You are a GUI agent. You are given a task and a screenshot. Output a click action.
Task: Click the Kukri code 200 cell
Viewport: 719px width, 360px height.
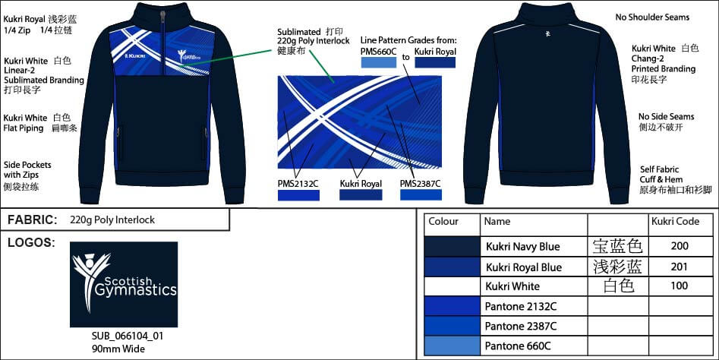pyautogui.click(x=680, y=246)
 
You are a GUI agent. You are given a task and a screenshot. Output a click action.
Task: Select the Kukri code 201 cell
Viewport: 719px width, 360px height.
pyautogui.click(x=680, y=267)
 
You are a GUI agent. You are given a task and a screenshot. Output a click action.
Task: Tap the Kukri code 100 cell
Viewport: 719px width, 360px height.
pyautogui.click(x=680, y=286)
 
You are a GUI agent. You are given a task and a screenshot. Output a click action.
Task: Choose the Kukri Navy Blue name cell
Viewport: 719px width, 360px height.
pyautogui.click(x=522, y=246)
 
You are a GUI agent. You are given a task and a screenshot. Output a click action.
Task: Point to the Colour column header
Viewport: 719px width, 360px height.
pyautogui.click(x=444, y=222)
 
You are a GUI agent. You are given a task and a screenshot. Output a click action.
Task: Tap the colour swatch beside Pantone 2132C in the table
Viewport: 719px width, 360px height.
pyautogui.click(x=452, y=306)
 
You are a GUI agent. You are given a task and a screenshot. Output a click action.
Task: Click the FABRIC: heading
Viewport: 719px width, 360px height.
pyautogui.click(x=33, y=220)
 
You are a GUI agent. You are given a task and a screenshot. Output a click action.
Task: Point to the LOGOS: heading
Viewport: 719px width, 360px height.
pyautogui.click(x=30, y=243)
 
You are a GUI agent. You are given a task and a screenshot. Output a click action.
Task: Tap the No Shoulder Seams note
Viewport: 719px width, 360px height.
pyautogui.click(x=651, y=17)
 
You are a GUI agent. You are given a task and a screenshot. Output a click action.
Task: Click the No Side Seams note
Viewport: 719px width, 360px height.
pyautogui.click(x=666, y=117)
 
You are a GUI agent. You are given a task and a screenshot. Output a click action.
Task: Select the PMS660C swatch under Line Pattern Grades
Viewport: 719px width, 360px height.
pyautogui.click(x=383, y=62)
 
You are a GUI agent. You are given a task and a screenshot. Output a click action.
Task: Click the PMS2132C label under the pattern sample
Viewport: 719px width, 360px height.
pyautogui.click(x=298, y=183)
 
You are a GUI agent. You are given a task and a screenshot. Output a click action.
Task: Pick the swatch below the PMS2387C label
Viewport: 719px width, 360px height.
pyautogui.click(x=420, y=195)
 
